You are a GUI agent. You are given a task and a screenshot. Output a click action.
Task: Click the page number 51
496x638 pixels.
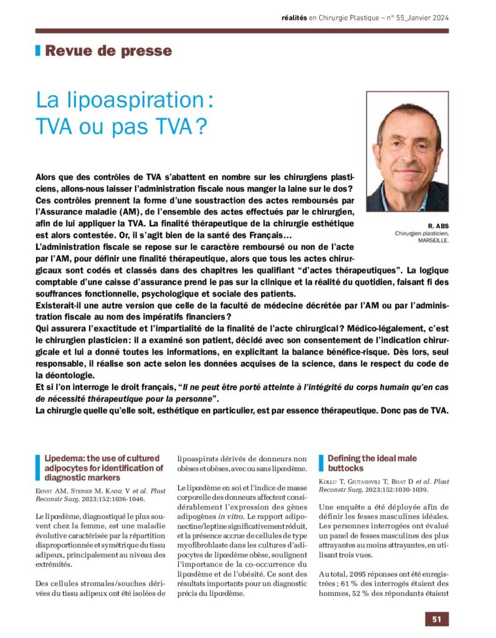(437, 619)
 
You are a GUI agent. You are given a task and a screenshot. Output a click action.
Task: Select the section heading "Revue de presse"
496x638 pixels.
(108, 51)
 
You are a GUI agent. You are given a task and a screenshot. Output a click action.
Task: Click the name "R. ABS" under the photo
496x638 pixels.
(438, 226)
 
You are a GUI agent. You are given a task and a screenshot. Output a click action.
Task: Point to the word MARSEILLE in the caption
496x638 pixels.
(432, 240)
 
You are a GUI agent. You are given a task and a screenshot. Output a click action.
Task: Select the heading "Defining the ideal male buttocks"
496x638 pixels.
(372, 463)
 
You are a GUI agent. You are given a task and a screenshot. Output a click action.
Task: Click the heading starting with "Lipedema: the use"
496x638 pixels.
(103, 467)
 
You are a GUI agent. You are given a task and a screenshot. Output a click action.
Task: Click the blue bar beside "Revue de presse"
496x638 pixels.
(38, 51)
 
